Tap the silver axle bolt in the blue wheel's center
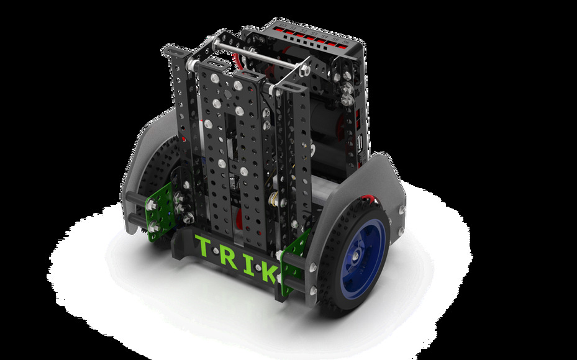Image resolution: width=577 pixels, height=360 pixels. click(x=355, y=256)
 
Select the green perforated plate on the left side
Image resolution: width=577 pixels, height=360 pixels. click(x=160, y=212)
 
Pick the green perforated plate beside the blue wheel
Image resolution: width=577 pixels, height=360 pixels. click(x=294, y=262)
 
